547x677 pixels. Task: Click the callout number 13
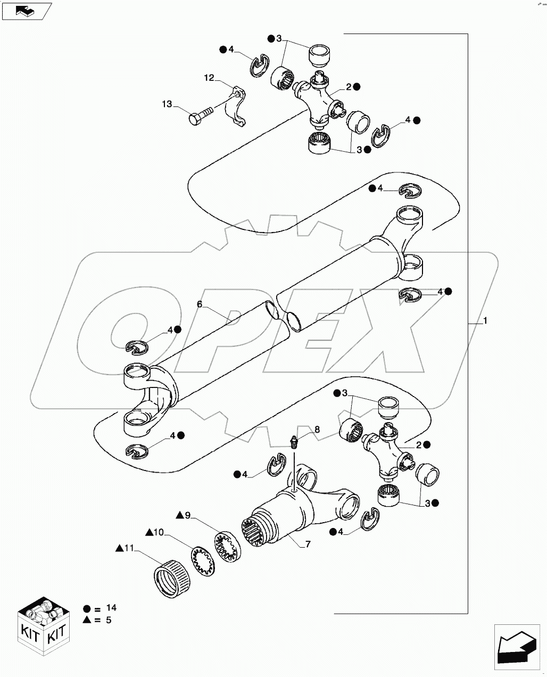[x=167, y=104]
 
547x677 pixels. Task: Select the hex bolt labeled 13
[x=199, y=115]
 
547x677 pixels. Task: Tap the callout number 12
[x=209, y=78]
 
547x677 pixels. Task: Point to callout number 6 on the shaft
[x=200, y=304]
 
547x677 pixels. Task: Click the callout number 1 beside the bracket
[x=485, y=321]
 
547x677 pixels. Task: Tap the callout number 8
[x=317, y=430]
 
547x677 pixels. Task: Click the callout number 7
[x=308, y=544]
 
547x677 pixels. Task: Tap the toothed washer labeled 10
[x=202, y=562]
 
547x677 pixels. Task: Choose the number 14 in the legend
[x=111, y=608]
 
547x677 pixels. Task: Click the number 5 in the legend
[x=109, y=620]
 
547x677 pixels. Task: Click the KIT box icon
[x=44, y=624]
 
